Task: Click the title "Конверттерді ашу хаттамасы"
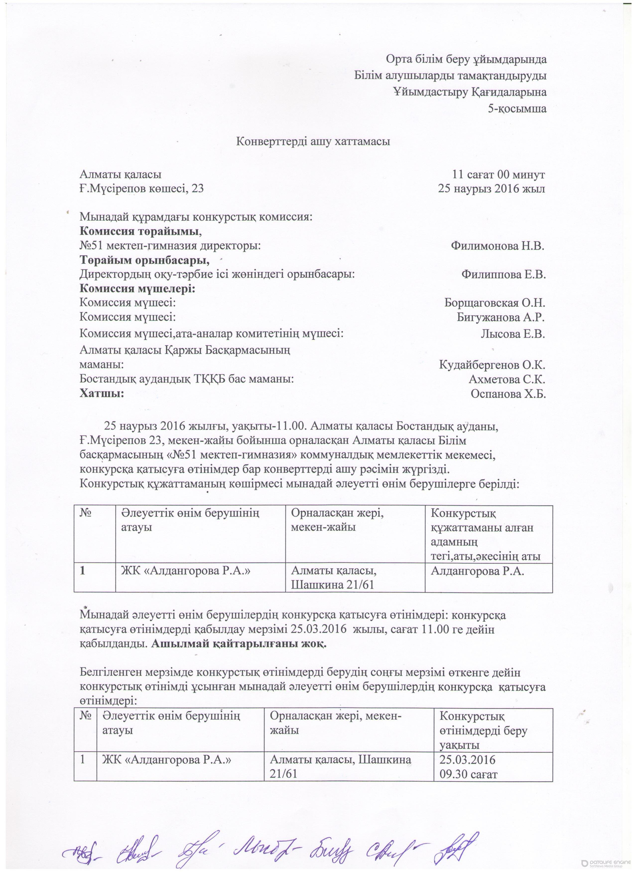[313, 141]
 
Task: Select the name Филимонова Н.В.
[498, 246]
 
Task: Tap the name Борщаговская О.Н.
[495, 303]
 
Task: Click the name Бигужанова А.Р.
[501, 318]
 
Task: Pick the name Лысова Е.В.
[513, 334]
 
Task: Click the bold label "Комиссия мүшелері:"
[137, 289]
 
